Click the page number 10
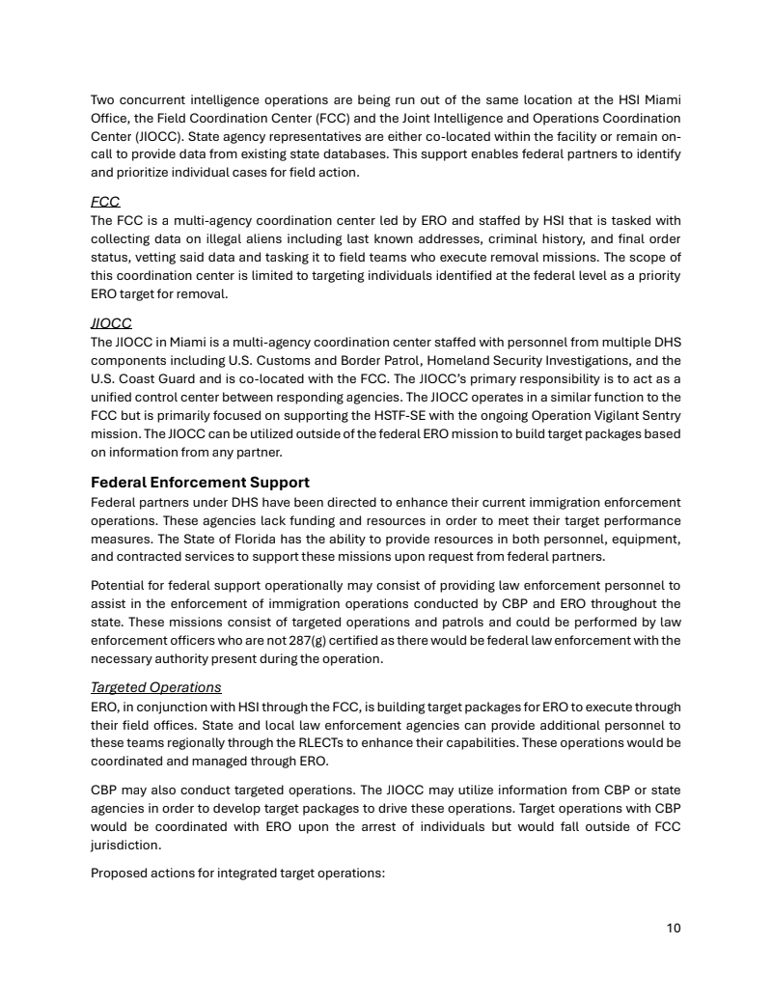[674, 929]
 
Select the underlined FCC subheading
[105, 203]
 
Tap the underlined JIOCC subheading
[111, 323]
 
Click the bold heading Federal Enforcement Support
[200, 482]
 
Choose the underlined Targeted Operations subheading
[156, 687]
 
